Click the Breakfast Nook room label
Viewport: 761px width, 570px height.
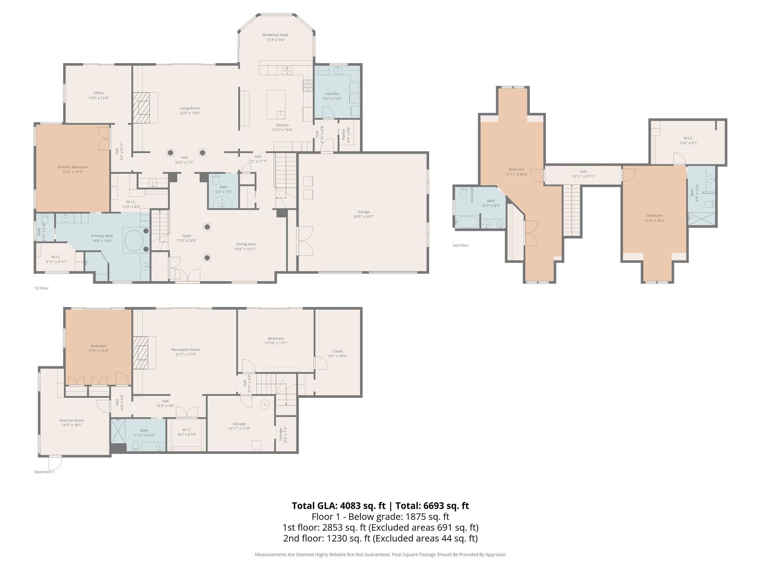click(x=275, y=35)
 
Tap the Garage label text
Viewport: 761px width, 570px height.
click(x=363, y=212)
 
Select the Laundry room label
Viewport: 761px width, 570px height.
click(x=332, y=94)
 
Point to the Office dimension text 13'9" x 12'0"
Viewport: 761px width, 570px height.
click(x=98, y=98)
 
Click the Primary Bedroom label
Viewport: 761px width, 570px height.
click(x=72, y=167)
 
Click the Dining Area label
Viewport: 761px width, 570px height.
click(x=246, y=244)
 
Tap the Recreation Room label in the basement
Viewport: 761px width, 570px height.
click(x=186, y=350)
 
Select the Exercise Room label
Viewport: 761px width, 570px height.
click(x=72, y=420)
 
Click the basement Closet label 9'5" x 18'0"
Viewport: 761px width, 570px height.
click(x=337, y=353)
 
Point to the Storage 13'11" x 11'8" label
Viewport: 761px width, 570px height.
click(x=239, y=426)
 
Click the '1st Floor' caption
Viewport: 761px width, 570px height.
click(x=41, y=288)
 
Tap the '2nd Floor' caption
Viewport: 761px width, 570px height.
click(x=460, y=245)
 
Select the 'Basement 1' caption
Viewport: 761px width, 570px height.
click(x=44, y=472)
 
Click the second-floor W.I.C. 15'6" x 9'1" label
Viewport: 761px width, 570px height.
click(x=688, y=140)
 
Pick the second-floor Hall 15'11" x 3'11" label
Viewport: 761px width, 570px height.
click(x=583, y=174)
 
